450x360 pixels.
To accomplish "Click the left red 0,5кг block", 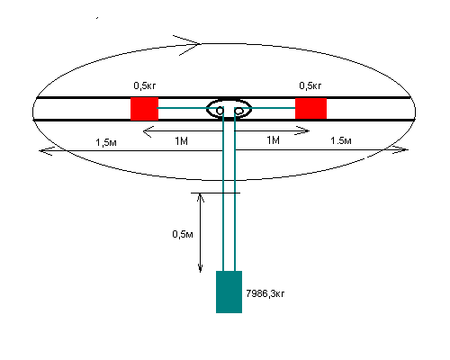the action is click(144, 109).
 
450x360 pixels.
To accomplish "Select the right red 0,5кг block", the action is click(310, 108).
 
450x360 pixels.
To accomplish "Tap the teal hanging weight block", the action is click(229, 292).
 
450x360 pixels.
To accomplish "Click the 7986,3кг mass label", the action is click(265, 293).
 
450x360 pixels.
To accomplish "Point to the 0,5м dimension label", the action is click(183, 234).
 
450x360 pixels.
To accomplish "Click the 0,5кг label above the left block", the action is click(145, 85).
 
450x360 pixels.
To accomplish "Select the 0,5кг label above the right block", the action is click(310, 85).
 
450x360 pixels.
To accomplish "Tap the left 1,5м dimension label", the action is click(106, 142).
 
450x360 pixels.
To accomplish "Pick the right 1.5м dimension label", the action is click(341, 140).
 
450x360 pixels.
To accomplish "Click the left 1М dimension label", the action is click(181, 140).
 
